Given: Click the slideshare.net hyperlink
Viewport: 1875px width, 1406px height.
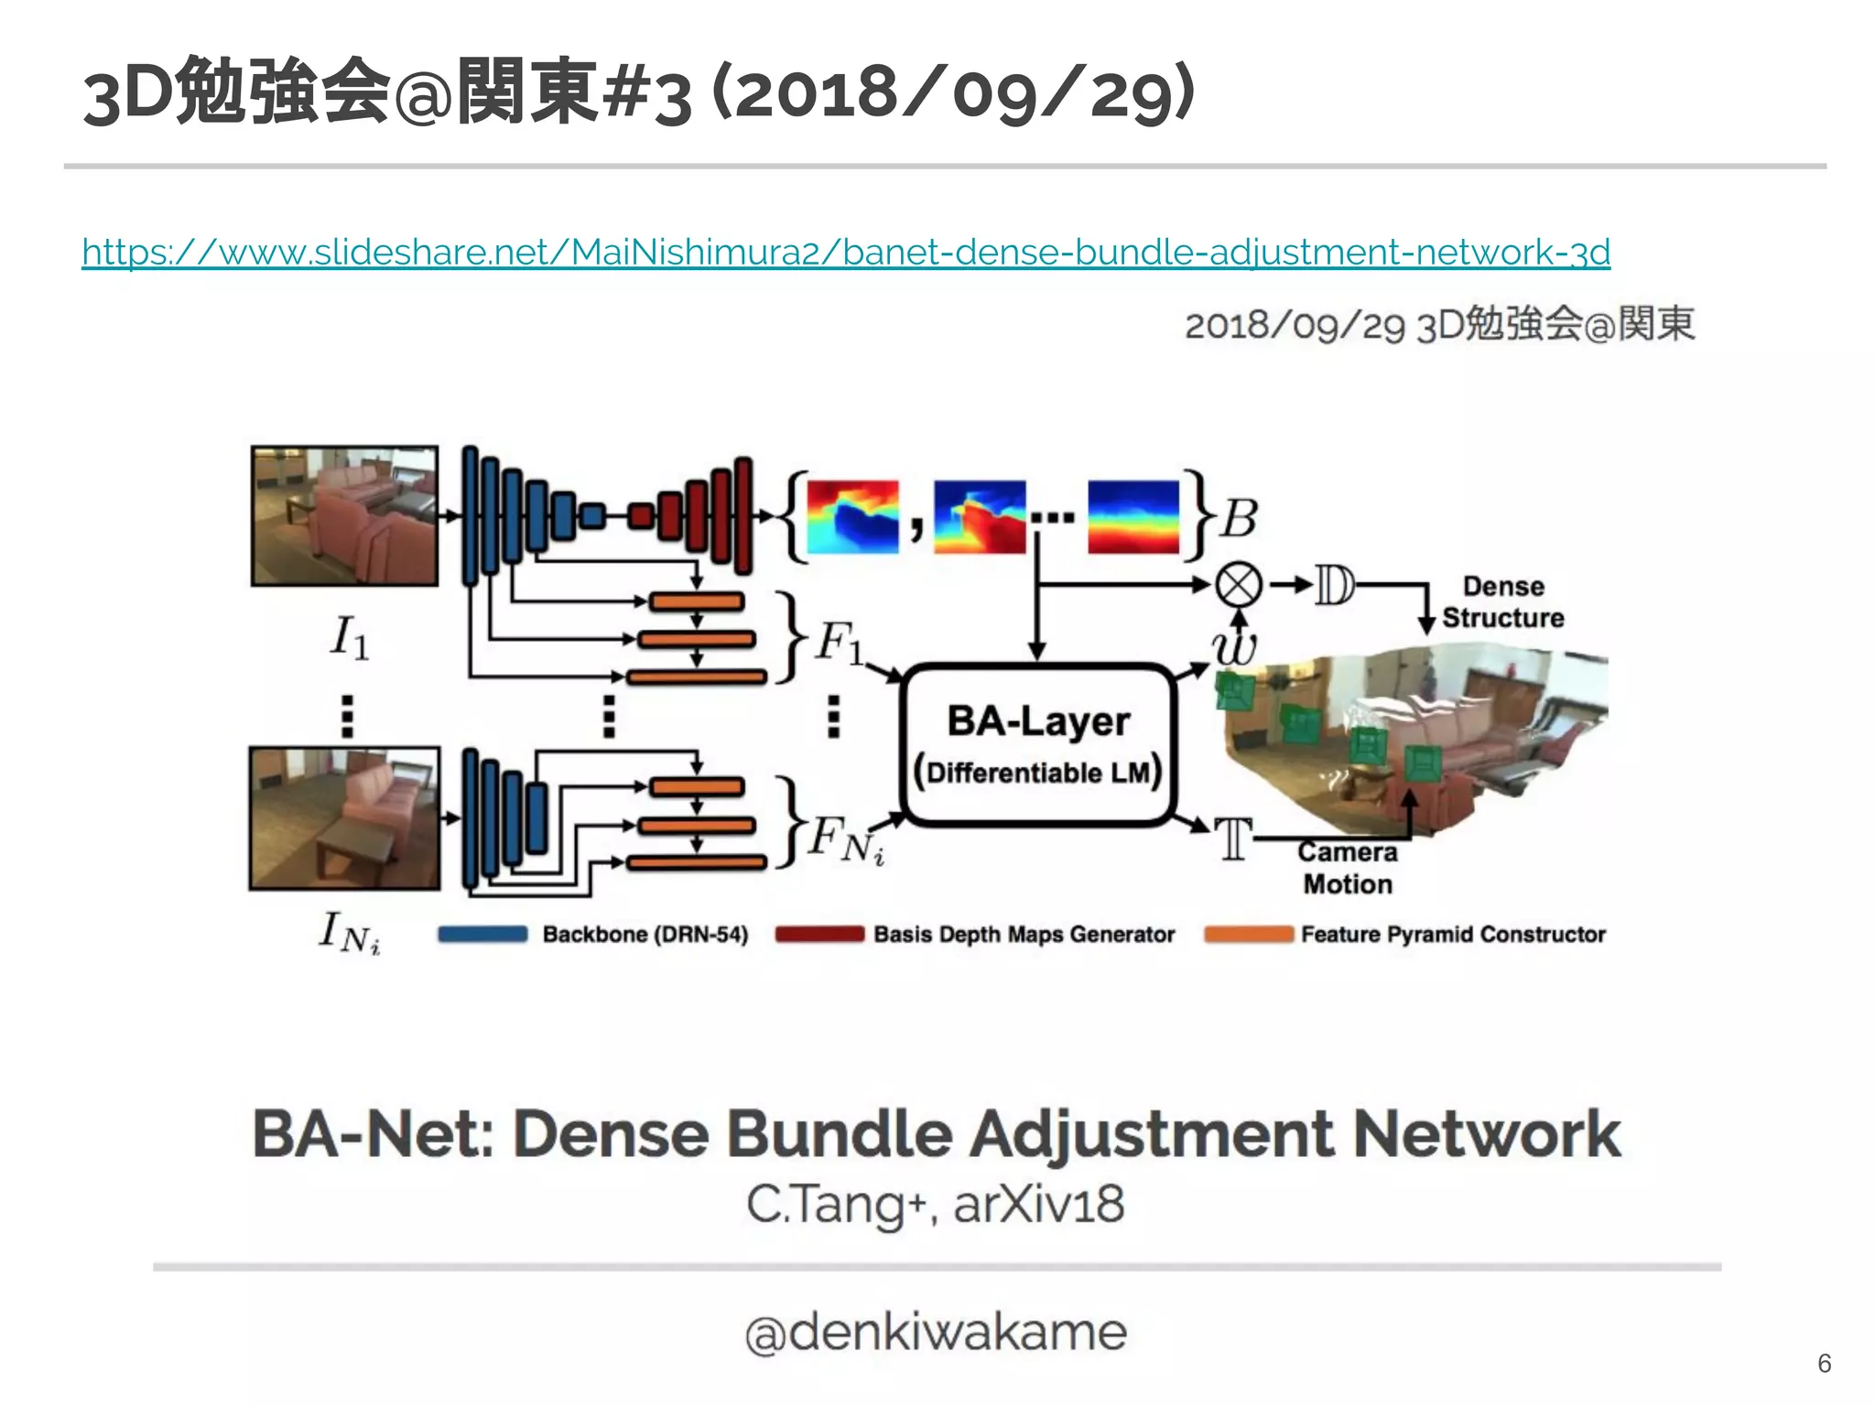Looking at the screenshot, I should tap(845, 252).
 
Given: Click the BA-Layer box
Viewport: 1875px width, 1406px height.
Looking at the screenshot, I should tap(1037, 745).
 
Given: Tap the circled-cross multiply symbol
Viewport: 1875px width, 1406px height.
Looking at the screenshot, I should tap(1238, 585).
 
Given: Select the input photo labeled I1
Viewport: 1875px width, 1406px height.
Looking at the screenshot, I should tap(344, 515).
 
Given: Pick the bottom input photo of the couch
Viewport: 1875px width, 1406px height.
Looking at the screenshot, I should tap(344, 818).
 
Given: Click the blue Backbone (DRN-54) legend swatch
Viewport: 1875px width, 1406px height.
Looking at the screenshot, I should tap(482, 935).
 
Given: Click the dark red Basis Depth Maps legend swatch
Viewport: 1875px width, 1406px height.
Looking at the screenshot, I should tap(819, 935).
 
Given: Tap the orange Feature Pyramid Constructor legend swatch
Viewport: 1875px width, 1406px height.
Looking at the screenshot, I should tap(1248, 935).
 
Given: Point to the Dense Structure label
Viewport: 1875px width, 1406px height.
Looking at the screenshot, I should tap(1502, 601).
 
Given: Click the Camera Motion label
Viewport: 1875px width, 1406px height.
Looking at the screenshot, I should tap(1348, 868).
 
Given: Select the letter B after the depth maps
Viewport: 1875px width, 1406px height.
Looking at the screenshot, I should tap(1240, 518).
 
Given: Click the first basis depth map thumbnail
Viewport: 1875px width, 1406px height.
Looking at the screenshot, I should tap(852, 516).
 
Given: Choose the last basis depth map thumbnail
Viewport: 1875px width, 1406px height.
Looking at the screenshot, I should tap(1133, 516).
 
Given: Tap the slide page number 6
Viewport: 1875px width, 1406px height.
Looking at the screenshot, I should tap(1824, 1363).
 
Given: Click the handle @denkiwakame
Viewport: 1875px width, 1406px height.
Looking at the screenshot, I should tap(936, 1333).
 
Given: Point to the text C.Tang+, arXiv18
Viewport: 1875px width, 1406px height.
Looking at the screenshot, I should tap(936, 1205).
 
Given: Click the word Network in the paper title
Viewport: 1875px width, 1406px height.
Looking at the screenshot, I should tap(1486, 1135).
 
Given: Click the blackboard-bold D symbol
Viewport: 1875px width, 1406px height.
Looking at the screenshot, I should tap(1334, 586).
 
